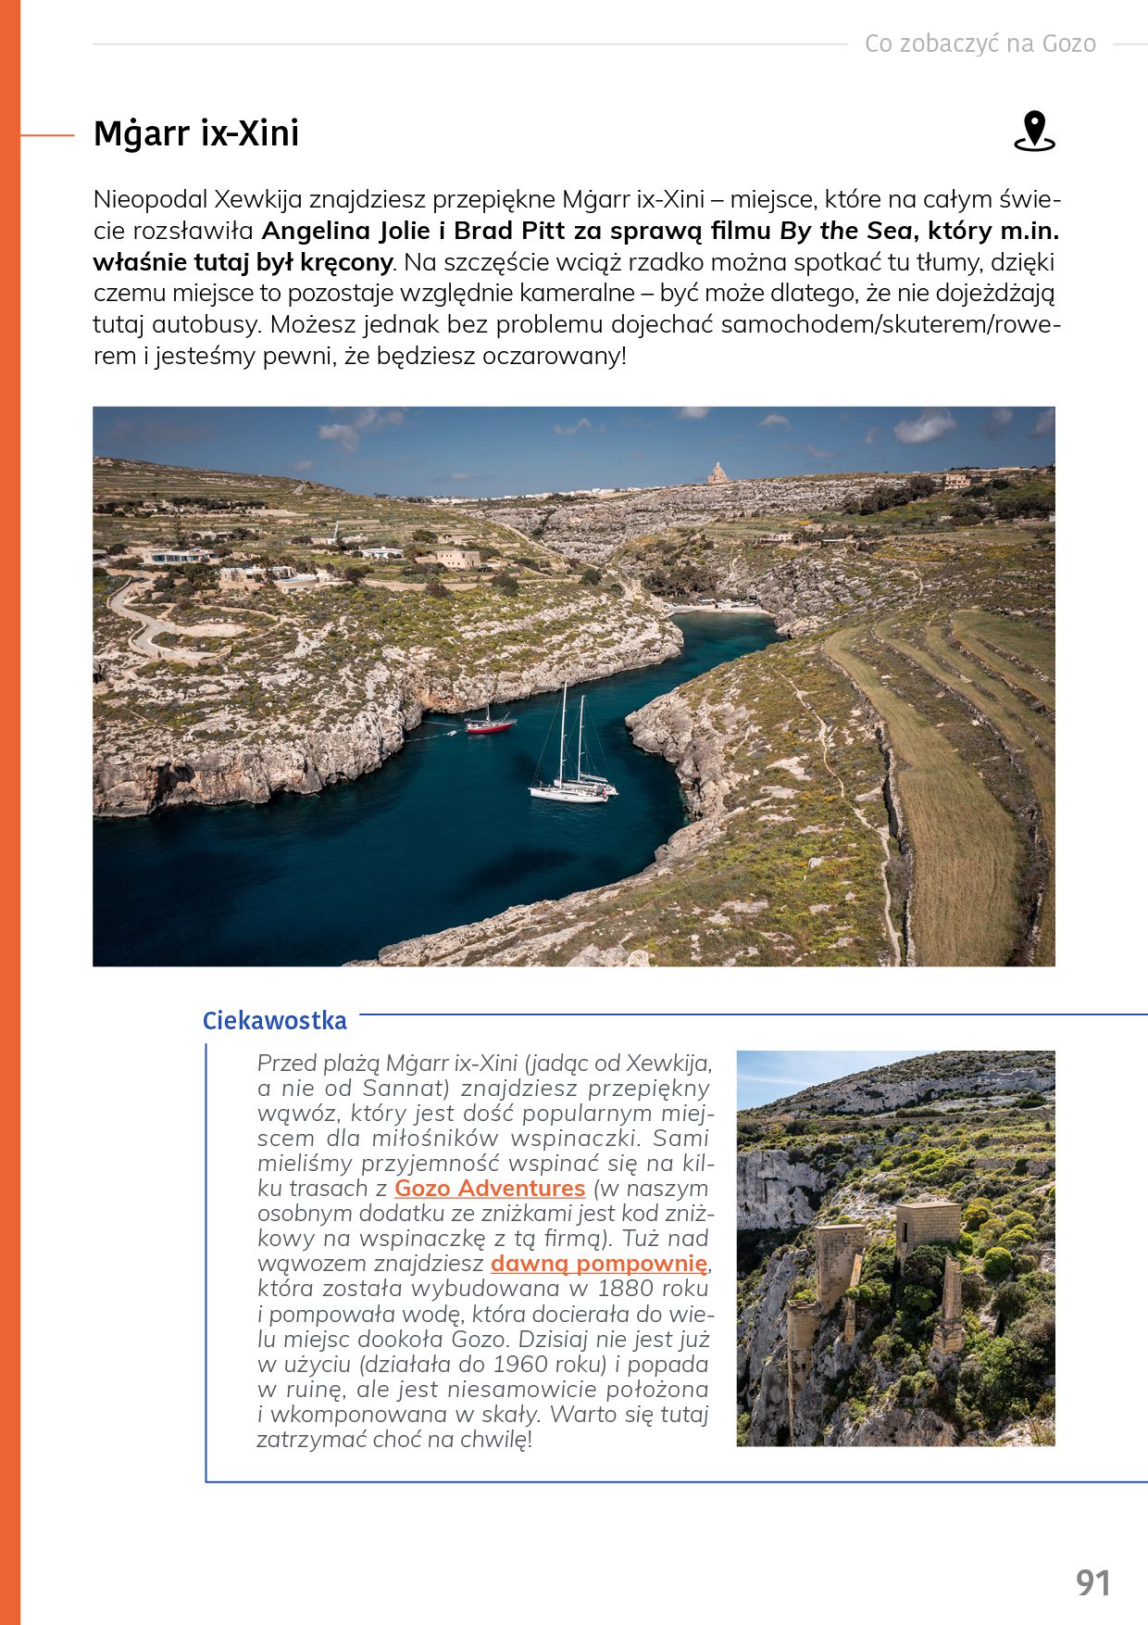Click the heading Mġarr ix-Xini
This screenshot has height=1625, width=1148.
click(x=196, y=133)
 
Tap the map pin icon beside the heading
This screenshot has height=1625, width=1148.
click(x=1034, y=132)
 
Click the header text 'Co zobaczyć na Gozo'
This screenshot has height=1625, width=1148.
click(x=980, y=44)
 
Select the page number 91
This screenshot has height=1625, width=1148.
click(x=1092, y=1582)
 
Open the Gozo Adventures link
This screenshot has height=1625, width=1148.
click(x=490, y=1188)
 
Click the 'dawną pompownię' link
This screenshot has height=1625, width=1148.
click(x=599, y=1263)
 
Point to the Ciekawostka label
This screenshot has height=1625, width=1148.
click(x=274, y=1020)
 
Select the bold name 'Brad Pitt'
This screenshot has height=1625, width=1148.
click(x=509, y=231)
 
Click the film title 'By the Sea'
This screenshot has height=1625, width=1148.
click(x=846, y=231)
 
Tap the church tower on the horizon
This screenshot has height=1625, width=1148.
click(x=717, y=473)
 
